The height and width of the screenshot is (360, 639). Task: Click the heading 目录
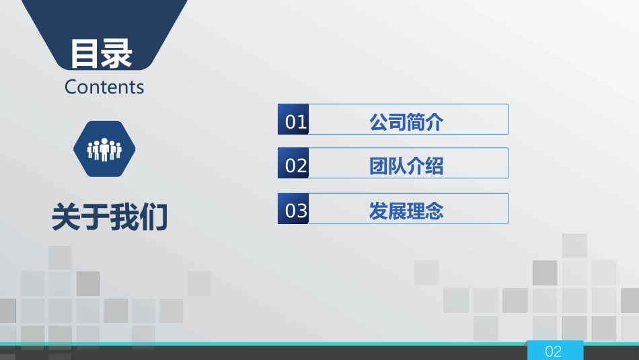(x=102, y=54)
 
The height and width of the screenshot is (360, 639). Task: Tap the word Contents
(x=104, y=87)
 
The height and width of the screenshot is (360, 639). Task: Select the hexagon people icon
(x=104, y=149)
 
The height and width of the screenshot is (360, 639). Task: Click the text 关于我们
(x=110, y=218)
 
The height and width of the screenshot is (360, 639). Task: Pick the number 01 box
(x=294, y=122)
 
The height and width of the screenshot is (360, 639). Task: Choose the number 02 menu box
(x=294, y=166)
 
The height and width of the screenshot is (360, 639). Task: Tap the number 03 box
(x=294, y=211)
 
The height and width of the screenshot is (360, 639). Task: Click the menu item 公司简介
(x=406, y=122)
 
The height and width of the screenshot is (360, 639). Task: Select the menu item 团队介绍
(x=406, y=166)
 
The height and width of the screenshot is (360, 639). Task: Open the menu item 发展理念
(x=406, y=211)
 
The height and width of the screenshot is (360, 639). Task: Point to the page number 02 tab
(x=554, y=351)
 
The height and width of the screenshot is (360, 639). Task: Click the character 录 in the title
(x=117, y=54)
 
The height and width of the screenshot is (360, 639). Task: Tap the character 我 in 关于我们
(x=124, y=218)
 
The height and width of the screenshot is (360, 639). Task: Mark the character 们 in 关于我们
(x=154, y=218)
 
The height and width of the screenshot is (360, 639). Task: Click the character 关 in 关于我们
(x=66, y=218)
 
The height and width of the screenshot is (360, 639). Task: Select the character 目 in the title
(x=85, y=54)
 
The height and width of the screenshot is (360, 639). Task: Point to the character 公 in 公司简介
(x=379, y=122)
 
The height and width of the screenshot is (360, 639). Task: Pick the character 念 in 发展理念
(x=435, y=211)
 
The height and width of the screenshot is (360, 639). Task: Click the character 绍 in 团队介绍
(x=435, y=166)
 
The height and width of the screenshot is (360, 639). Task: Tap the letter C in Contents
(x=71, y=87)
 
